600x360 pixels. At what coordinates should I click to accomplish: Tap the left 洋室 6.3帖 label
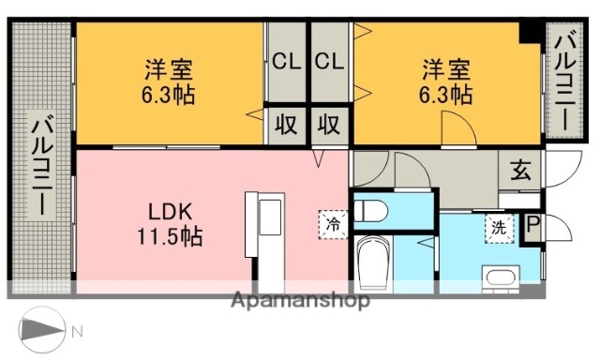click(x=169, y=82)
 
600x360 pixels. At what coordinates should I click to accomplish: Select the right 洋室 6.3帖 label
click(x=445, y=82)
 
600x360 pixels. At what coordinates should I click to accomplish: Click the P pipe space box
click(x=532, y=227)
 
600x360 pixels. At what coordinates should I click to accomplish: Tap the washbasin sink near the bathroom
click(x=500, y=278)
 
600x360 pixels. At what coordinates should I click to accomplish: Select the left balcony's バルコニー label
click(x=42, y=164)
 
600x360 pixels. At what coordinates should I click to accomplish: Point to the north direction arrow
click(x=43, y=329)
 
